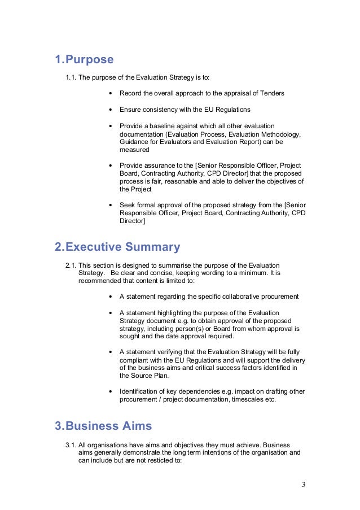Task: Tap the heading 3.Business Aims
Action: tap(103, 425)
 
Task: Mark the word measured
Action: tap(134, 150)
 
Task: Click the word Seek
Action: tap(127, 205)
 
